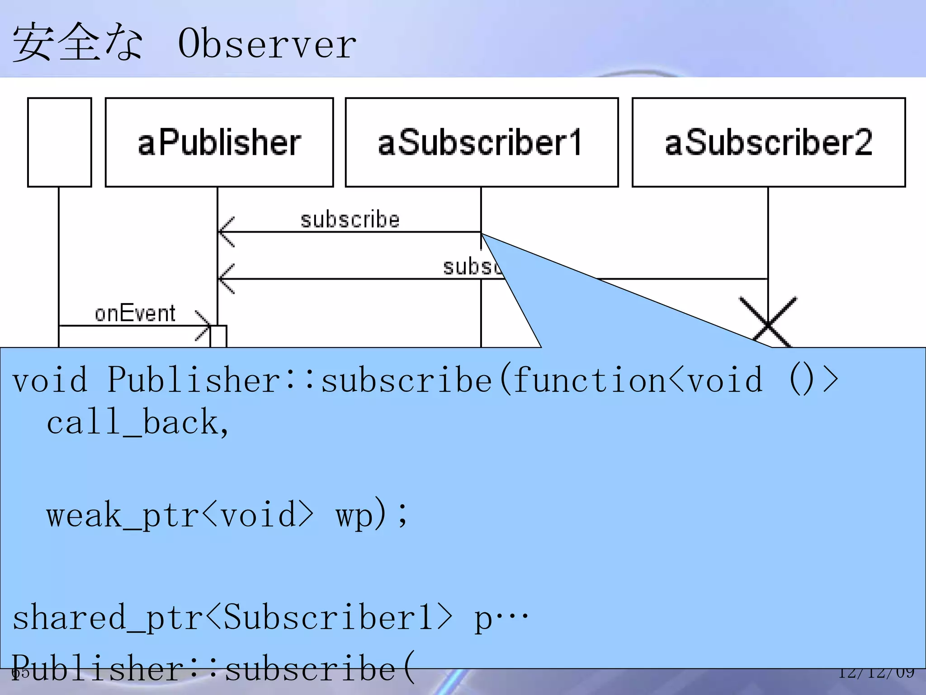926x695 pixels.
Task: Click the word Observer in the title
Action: [267, 44]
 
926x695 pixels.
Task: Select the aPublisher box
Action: [219, 143]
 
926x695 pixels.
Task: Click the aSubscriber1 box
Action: [482, 143]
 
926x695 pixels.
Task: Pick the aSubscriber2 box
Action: [769, 143]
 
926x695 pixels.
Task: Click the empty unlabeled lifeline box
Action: [60, 143]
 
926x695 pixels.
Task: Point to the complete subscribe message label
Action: [350, 220]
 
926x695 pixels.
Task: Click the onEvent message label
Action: [135, 314]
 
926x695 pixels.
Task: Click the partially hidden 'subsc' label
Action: [472, 267]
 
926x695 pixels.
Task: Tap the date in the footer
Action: [876, 673]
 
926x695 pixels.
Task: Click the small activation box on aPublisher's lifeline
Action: [218, 336]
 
